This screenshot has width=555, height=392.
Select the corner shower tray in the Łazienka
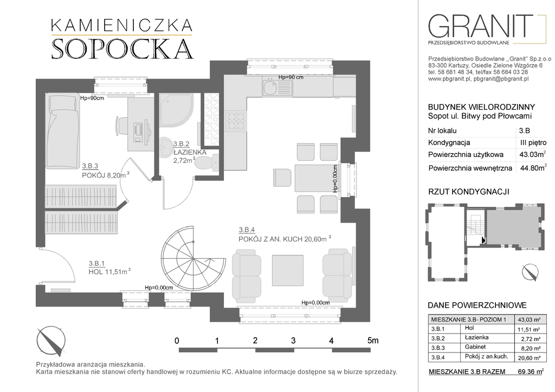176,110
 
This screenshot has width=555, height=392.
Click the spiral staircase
193,259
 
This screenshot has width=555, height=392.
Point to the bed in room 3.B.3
62,131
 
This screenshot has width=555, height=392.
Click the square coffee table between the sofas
287,270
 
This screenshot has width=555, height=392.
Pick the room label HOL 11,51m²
109,271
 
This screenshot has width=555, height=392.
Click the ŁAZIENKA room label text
190,152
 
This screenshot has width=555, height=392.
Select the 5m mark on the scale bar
373,341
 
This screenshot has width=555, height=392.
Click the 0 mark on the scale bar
177,341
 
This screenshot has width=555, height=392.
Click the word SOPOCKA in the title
122,48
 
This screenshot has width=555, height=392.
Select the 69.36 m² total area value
530,371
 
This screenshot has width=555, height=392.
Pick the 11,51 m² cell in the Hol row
529,329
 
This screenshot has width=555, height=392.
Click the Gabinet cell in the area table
475,347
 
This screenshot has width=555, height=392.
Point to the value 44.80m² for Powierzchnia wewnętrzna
533,168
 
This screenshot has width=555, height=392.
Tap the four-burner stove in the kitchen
235,121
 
